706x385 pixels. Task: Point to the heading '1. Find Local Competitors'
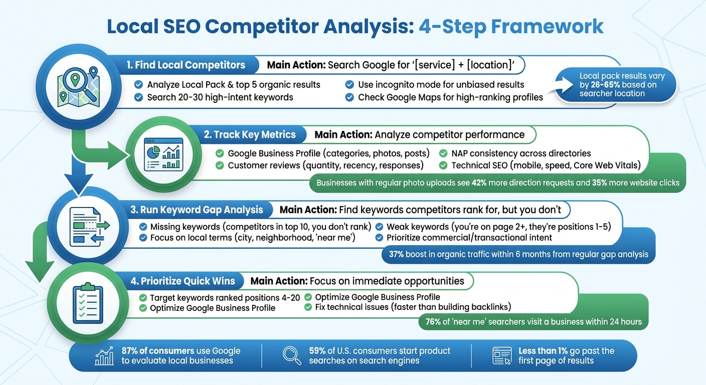[186, 65]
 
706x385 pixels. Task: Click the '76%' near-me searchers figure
[433, 322]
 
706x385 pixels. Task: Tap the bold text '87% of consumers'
[158, 351]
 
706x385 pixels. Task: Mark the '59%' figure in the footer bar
[317, 351]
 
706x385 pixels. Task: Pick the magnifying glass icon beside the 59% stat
[292, 355]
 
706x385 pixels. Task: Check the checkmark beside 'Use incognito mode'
[349, 85]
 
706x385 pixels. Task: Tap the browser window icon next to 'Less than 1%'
[502, 355]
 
